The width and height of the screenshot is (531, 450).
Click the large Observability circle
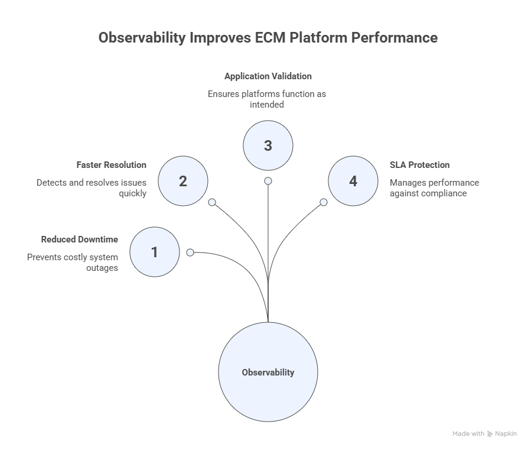(268, 372)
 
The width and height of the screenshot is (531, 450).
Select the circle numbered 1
(154, 252)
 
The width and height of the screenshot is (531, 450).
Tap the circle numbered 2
(183, 181)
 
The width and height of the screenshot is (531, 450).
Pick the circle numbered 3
(268, 145)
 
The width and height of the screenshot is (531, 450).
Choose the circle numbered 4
(353, 181)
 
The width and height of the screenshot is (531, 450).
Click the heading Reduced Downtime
(80, 239)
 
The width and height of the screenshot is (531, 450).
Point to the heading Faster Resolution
(112, 165)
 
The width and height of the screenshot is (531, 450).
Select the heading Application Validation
(268, 76)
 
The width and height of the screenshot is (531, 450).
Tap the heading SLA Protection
(419, 165)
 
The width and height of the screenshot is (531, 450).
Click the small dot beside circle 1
(190, 252)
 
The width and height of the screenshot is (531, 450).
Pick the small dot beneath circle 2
(212, 202)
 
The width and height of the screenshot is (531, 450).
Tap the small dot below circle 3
(268, 181)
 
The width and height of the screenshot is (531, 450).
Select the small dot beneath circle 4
(324, 202)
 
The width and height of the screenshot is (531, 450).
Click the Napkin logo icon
(490, 434)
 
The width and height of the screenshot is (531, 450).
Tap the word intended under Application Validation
(268, 105)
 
